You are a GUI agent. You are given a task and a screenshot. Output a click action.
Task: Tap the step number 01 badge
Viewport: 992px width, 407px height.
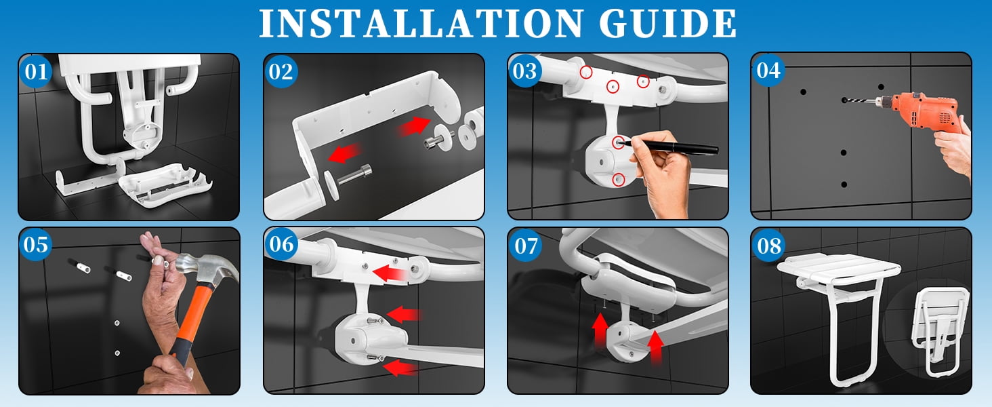pyautogui.click(x=36, y=71)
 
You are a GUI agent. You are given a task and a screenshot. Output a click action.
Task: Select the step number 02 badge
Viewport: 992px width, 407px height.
pyautogui.click(x=281, y=71)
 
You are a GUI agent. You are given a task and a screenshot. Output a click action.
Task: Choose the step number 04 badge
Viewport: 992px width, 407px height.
pyautogui.click(x=768, y=70)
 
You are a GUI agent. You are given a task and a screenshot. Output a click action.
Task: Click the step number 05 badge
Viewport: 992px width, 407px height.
pyautogui.click(x=36, y=244)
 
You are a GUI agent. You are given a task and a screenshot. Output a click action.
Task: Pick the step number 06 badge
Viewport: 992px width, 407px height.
pyautogui.click(x=281, y=244)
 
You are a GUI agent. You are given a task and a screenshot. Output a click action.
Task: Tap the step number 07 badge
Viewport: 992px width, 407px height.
pyautogui.click(x=526, y=245)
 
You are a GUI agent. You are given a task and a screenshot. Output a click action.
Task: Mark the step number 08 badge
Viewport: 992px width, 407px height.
pyautogui.click(x=769, y=245)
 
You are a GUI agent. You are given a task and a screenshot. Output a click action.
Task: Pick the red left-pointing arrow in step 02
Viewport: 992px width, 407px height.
pyautogui.click(x=346, y=153)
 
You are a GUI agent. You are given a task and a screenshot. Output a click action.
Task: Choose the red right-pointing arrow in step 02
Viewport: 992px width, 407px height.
pyautogui.click(x=413, y=125)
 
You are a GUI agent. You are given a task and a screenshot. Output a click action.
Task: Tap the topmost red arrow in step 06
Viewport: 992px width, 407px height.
pyautogui.click(x=390, y=273)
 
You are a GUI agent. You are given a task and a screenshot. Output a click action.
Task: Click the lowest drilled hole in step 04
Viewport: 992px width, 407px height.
pyautogui.click(x=844, y=185)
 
